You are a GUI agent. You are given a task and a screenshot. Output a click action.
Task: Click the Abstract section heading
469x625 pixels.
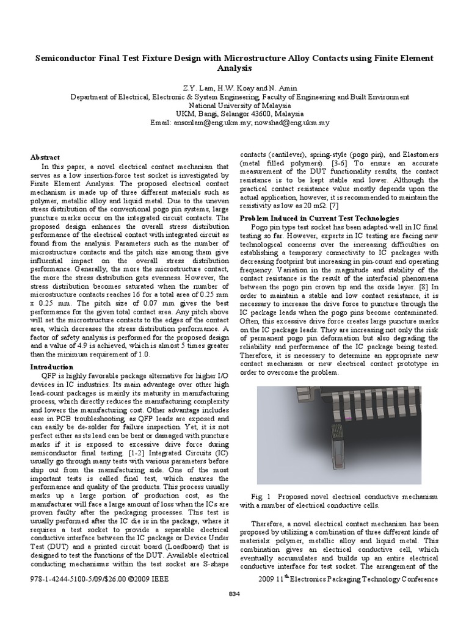45,157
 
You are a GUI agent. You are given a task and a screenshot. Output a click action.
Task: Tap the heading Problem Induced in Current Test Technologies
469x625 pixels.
319,218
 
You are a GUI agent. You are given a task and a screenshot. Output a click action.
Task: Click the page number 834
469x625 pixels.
235,594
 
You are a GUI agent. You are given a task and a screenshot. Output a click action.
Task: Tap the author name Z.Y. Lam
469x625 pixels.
204,87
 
